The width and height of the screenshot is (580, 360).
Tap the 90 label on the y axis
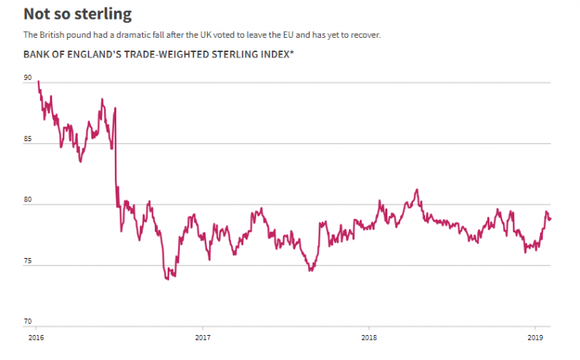point(28,78)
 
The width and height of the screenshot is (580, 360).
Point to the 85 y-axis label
point(28,139)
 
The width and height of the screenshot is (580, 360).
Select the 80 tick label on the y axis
point(28,200)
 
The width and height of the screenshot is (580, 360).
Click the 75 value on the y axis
point(28,260)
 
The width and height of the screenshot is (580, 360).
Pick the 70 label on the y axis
point(28,321)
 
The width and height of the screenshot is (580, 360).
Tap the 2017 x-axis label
point(202,337)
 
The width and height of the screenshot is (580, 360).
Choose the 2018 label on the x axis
point(369,337)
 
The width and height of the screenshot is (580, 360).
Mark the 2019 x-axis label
point(535,337)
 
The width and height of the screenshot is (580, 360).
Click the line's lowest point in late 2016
point(167,279)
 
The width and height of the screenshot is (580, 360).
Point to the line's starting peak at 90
point(38,81)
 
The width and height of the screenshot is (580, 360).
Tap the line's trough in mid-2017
point(310,270)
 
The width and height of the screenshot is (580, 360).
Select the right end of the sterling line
point(551,219)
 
